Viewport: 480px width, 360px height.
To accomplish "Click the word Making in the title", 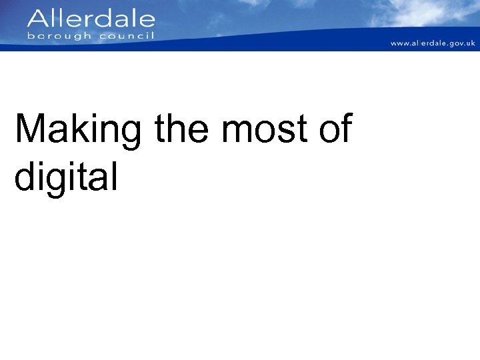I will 78,129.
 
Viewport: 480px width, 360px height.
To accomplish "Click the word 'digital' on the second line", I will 66,177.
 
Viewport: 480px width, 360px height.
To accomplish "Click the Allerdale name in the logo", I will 91,19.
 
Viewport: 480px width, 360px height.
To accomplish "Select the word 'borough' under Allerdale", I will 59,35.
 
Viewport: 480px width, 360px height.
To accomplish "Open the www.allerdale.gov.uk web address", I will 433,43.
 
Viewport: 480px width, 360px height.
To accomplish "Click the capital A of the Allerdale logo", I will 38,19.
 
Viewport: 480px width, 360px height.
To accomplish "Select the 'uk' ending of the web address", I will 471,43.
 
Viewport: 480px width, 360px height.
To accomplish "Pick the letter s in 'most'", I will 282,132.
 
